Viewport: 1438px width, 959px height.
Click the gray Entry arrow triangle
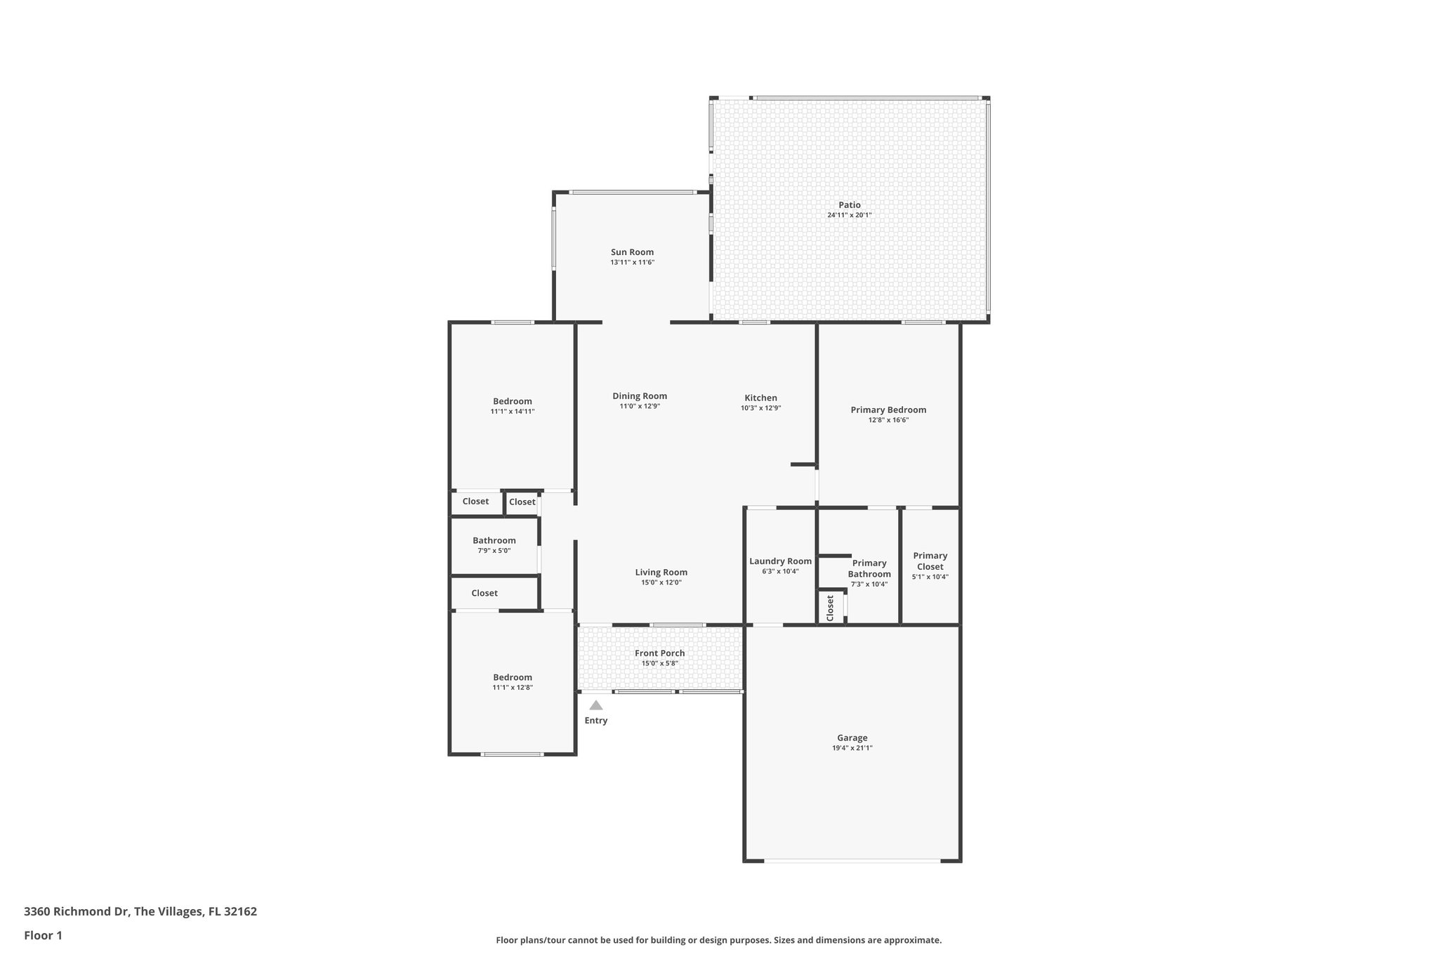coord(595,705)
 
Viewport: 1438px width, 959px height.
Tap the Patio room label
coord(849,205)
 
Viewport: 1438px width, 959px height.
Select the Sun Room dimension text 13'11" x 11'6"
coord(632,262)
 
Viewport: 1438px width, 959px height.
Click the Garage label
coord(852,738)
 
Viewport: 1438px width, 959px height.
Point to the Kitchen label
coord(760,398)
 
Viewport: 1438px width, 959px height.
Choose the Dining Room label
coord(639,396)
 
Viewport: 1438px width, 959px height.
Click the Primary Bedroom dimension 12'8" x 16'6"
coord(888,420)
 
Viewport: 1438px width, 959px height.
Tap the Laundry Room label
coord(780,561)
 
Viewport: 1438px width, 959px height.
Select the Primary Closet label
coord(930,561)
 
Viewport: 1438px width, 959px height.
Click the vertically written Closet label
coord(830,608)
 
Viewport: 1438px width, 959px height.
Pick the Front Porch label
coord(659,653)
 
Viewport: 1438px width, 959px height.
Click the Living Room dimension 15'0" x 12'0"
coord(661,582)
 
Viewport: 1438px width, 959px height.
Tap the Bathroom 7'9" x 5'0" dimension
coord(494,551)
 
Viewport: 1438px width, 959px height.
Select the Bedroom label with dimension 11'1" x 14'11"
coord(512,401)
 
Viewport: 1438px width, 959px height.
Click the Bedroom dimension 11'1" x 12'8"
coord(512,688)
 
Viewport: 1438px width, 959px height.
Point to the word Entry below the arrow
coord(595,720)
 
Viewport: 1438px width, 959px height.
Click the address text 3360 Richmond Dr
coord(77,912)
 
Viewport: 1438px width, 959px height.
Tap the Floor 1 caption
coord(43,935)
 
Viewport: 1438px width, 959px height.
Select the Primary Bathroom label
coord(869,568)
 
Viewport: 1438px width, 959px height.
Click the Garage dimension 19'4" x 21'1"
coord(852,748)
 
